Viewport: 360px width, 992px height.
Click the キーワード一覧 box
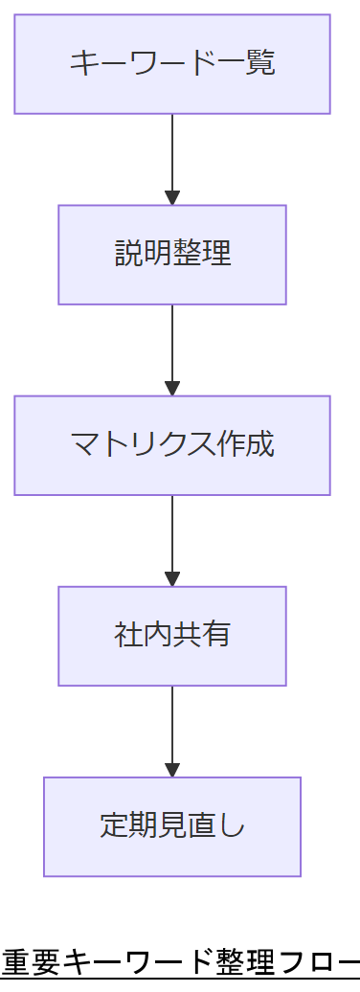pyautogui.click(x=172, y=64)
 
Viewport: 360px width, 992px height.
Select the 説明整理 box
pyautogui.click(x=172, y=255)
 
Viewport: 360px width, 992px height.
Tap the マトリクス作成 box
pyautogui.click(x=172, y=445)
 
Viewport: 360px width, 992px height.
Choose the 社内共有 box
pyautogui.click(x=172, y=636)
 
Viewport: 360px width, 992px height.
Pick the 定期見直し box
pyautogui.click(x=172, y=826)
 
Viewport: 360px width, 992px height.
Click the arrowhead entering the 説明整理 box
pyautogui.click(x=172, y=198)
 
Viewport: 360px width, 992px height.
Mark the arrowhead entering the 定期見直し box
pyautogui.click(x=172, y=770)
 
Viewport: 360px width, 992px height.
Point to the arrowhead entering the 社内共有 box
pyautogui.click(x=172, y=579)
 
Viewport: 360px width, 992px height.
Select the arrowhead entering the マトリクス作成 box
pyautogui.click(x=172, y=389)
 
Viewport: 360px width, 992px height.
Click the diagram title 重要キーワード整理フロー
pyautogui.click(x=180, y=959)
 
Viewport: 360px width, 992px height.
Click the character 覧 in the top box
pyautogui.click(x=260, y=64)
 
